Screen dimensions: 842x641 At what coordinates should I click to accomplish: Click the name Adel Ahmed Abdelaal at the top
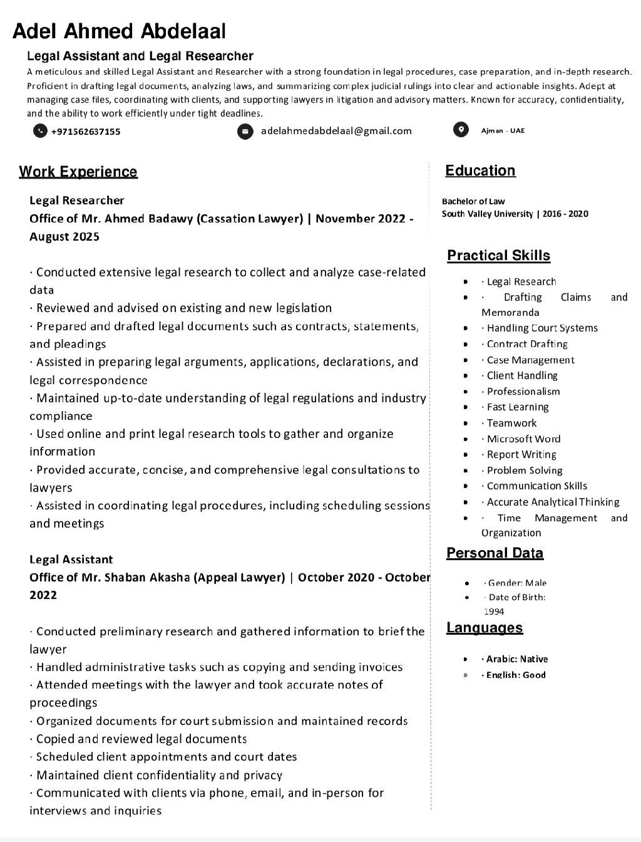pyautogui.click(x=119, y=31)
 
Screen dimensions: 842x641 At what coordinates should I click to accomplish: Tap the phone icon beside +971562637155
pyautogui.click(x=40, y=131)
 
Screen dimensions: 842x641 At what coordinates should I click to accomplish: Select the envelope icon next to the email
pyautogui.click(x=245, y=132)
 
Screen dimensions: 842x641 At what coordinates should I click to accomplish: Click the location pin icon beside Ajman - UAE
pyautogui.click(x=461, y=130)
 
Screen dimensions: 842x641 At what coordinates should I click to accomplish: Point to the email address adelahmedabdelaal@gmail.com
pyautogui.click(x=336, y=131)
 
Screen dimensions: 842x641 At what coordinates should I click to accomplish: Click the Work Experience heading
pyautogui.click(x=78, y=172)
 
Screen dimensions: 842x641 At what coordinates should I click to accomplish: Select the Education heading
pyautogui.click(x=480, y=170)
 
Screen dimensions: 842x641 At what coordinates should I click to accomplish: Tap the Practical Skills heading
pyautogui.click(x=498, y=256)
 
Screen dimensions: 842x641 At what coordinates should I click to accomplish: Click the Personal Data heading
pyautogui.click(x=495, y=553)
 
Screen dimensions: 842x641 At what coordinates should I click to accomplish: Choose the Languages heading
pyautogui.click(x=485, y=628)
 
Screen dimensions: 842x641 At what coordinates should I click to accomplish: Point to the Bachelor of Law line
pyautogui.click(x=473, y=201)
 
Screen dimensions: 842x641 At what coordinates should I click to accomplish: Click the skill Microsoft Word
pyautogui.click(x=523, y=439)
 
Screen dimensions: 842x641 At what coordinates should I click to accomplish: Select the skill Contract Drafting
pyautogui.click(x=527, y=344)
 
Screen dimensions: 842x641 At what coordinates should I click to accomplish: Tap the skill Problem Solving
pyautogui.click(x=525, y=470)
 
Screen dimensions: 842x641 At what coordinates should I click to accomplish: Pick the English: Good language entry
pyautogui.click(x=516, y=675)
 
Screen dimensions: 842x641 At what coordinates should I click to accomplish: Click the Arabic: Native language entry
pyautogui.click(x=516, y=659)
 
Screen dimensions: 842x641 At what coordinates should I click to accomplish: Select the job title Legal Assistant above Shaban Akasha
pyautogui.click(x=71, y=559)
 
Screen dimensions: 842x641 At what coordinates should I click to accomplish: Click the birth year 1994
pyautogui.click(x=494, y=611)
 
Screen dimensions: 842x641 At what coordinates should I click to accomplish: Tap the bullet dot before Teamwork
pyautogui.click(x=466, y=423)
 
